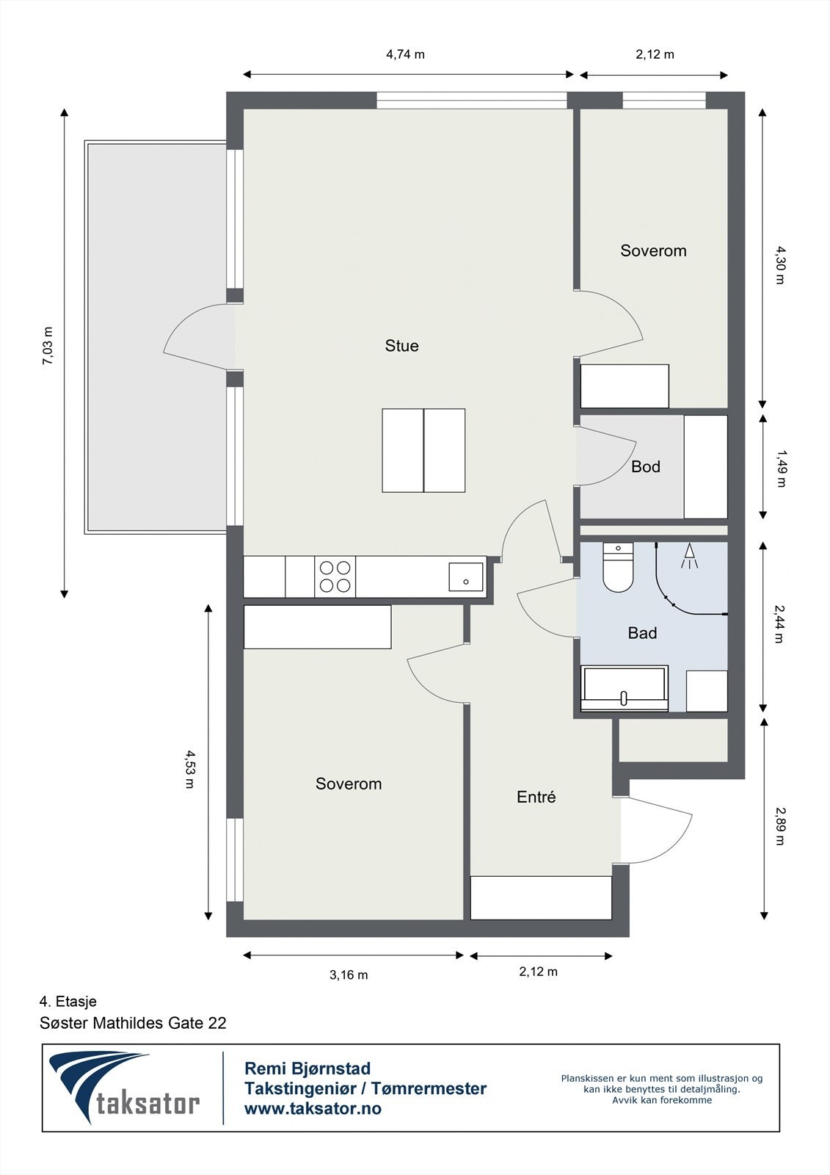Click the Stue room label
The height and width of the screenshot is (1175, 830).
click(401, 346)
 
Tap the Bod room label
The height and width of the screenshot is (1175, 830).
click(646, 467)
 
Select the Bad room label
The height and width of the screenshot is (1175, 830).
click(642, 633)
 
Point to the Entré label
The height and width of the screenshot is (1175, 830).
click(536, 797)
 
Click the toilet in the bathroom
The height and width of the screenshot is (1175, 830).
click(618, 567)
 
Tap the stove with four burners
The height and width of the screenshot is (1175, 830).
click(335, 576)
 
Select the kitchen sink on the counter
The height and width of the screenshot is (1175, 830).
click(465, 577)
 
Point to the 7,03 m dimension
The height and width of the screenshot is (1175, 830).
click(48, 346)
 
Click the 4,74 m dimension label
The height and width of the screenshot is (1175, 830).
click(405, 54)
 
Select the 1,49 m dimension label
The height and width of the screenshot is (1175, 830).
click(781, 469)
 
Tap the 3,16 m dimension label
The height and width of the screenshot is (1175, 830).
click(349, 975)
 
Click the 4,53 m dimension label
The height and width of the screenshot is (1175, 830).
click(190, 769)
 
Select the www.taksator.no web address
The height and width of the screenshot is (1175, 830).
click(313, 1108)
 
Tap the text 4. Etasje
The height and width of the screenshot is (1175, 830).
click(68, 1002)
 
